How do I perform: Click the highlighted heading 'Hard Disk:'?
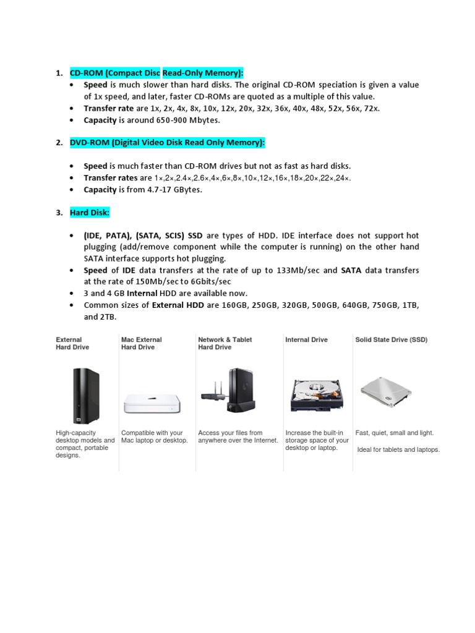pyautogui.click(x=90, y=213)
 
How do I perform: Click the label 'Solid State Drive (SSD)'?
pyautogui.click(x=391, y=339)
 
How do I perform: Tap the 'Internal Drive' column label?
pyautogui.click(x=306, y=339)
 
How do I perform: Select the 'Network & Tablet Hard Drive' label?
pyautogui.click(x=225, y=343)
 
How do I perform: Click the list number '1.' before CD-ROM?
pyautogui.click(x=59, y=73)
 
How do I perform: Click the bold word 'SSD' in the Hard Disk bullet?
pyautogui.click(x=195, y=236)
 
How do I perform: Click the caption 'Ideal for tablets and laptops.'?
pyautogui.click(x=398, y=449)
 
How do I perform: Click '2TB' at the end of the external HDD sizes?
pyautogui.click(x=108, y=316)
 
